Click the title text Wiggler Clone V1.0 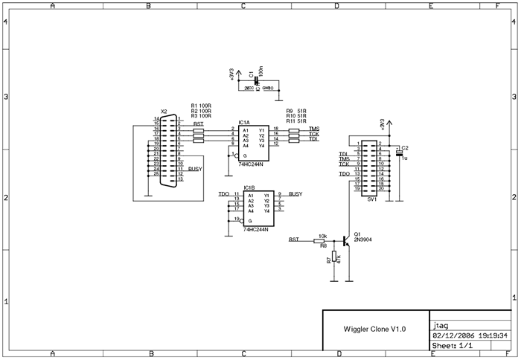374,329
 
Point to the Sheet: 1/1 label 453,346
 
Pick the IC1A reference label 244,122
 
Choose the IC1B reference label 249,188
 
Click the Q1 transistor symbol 346,241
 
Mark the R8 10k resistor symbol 321,241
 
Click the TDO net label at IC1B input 224,194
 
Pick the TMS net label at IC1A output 313,128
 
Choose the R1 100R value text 201,106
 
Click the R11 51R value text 296,121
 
